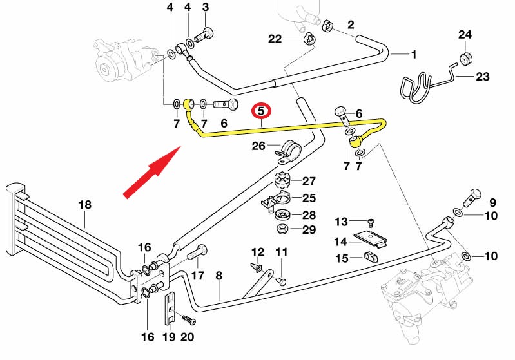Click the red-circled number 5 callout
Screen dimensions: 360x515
coord(262,111)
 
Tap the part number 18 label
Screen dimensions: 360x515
coord(85,205)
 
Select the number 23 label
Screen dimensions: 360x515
coord(482,77)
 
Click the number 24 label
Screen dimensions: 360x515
coord(465,34)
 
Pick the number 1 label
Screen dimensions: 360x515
coord(414,54)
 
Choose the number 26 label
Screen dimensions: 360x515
coord(258,146)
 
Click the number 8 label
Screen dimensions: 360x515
coord(219,276)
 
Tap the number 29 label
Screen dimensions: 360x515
coord(309,229)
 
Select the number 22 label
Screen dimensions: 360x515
coord(275,39)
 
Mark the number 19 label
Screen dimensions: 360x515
coord(168,336)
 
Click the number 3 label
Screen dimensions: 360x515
coord(206,7)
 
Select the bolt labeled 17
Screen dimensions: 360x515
coord(197,254)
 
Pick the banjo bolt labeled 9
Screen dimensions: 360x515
coord(473,194)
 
